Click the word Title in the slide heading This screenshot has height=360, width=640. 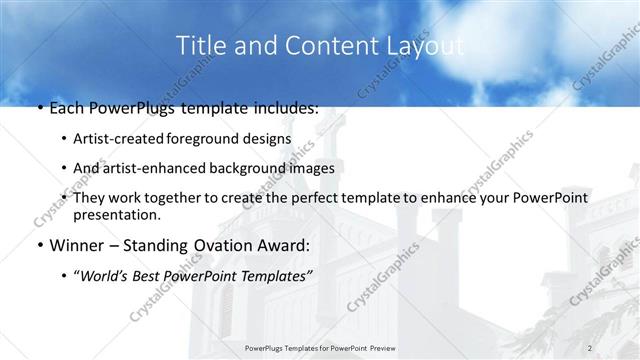click(197, 45)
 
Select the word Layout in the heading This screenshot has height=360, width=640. click(424, 45)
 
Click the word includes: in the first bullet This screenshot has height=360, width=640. click(284, 108)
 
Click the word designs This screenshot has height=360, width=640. click(267, 138)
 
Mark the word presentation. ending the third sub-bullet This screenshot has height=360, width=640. click(118, 214)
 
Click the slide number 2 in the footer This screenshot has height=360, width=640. click(591, 347)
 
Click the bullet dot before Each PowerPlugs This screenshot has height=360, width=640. click(38, 108)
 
